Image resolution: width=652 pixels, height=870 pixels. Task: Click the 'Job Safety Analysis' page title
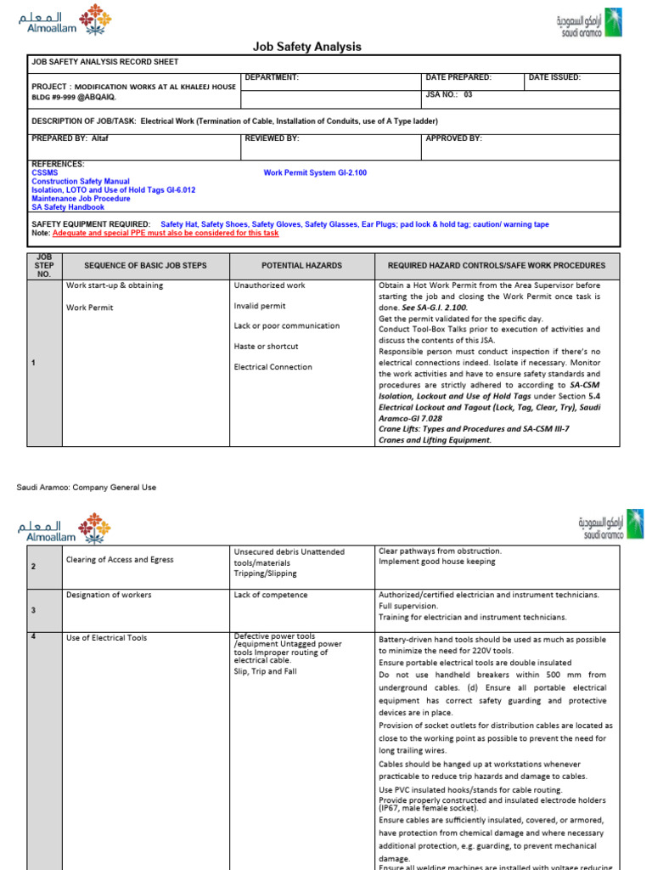pos(307,47)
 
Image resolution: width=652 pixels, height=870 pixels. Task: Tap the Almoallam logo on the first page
pos(64,22)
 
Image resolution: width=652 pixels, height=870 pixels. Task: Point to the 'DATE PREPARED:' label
pos(458,77)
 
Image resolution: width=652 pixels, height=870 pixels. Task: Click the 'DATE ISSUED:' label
pos(554,77)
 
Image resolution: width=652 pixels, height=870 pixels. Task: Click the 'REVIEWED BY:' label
pos(272,138)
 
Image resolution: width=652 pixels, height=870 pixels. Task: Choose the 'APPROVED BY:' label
pos(453,138)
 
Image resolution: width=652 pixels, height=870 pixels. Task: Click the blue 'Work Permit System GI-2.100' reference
pos(315,172)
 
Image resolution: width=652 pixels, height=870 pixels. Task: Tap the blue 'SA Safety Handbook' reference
pos(68,206)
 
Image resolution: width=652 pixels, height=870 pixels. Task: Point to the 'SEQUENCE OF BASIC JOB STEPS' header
pos(145,266)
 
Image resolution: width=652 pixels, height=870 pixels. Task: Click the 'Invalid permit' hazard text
pos(260,306)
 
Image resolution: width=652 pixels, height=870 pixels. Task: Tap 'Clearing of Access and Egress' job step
pos(120,559)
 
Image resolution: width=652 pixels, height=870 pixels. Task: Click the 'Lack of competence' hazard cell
pos(271,595)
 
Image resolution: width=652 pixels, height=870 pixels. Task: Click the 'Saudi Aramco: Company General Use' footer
pos(87,488)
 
